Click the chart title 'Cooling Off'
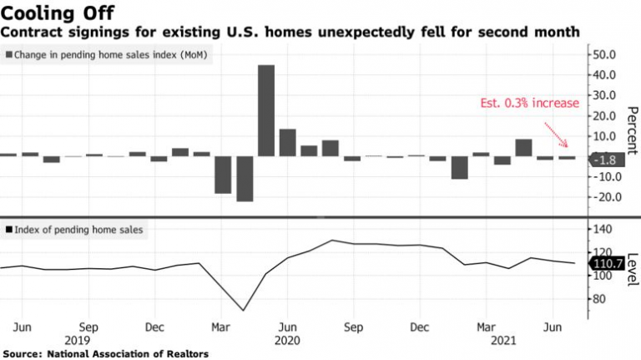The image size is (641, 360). tap(52, 13)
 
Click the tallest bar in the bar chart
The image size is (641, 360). tap(266, 110)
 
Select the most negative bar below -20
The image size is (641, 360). tap(245, 178)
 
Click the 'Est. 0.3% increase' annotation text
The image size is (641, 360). tap(516, 103)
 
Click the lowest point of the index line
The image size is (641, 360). tap(244, 311)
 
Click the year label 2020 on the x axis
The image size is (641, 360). tap(286, 341)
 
